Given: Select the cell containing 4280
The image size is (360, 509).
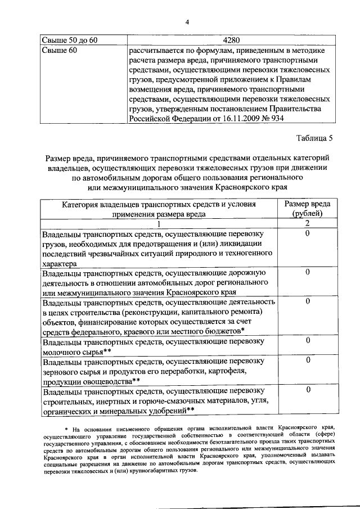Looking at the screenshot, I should [x=231, y=40].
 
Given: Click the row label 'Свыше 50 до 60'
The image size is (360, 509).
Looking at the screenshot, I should [x=70, y=40].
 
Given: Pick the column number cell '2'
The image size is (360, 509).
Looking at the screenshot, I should [x=308, y=223].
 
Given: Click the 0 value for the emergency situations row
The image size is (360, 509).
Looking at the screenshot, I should [x=308, y=233].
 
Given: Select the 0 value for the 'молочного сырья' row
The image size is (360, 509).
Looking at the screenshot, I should [x=308, y=340].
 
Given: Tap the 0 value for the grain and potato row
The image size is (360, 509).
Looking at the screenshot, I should [x=308, y=360].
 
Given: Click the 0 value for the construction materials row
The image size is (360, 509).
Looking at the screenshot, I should [x=308, y=390].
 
